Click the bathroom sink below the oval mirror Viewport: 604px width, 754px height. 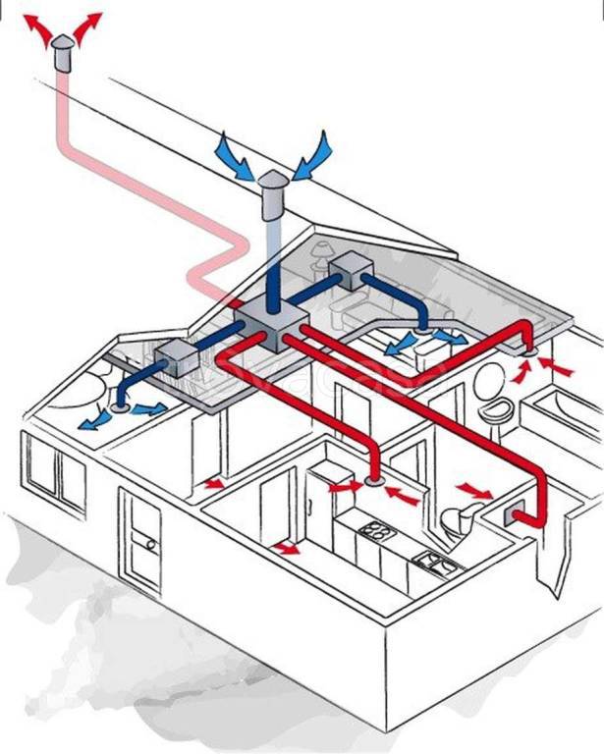(x=496, y=409)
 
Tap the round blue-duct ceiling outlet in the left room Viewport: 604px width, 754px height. (x=121, y=404)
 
